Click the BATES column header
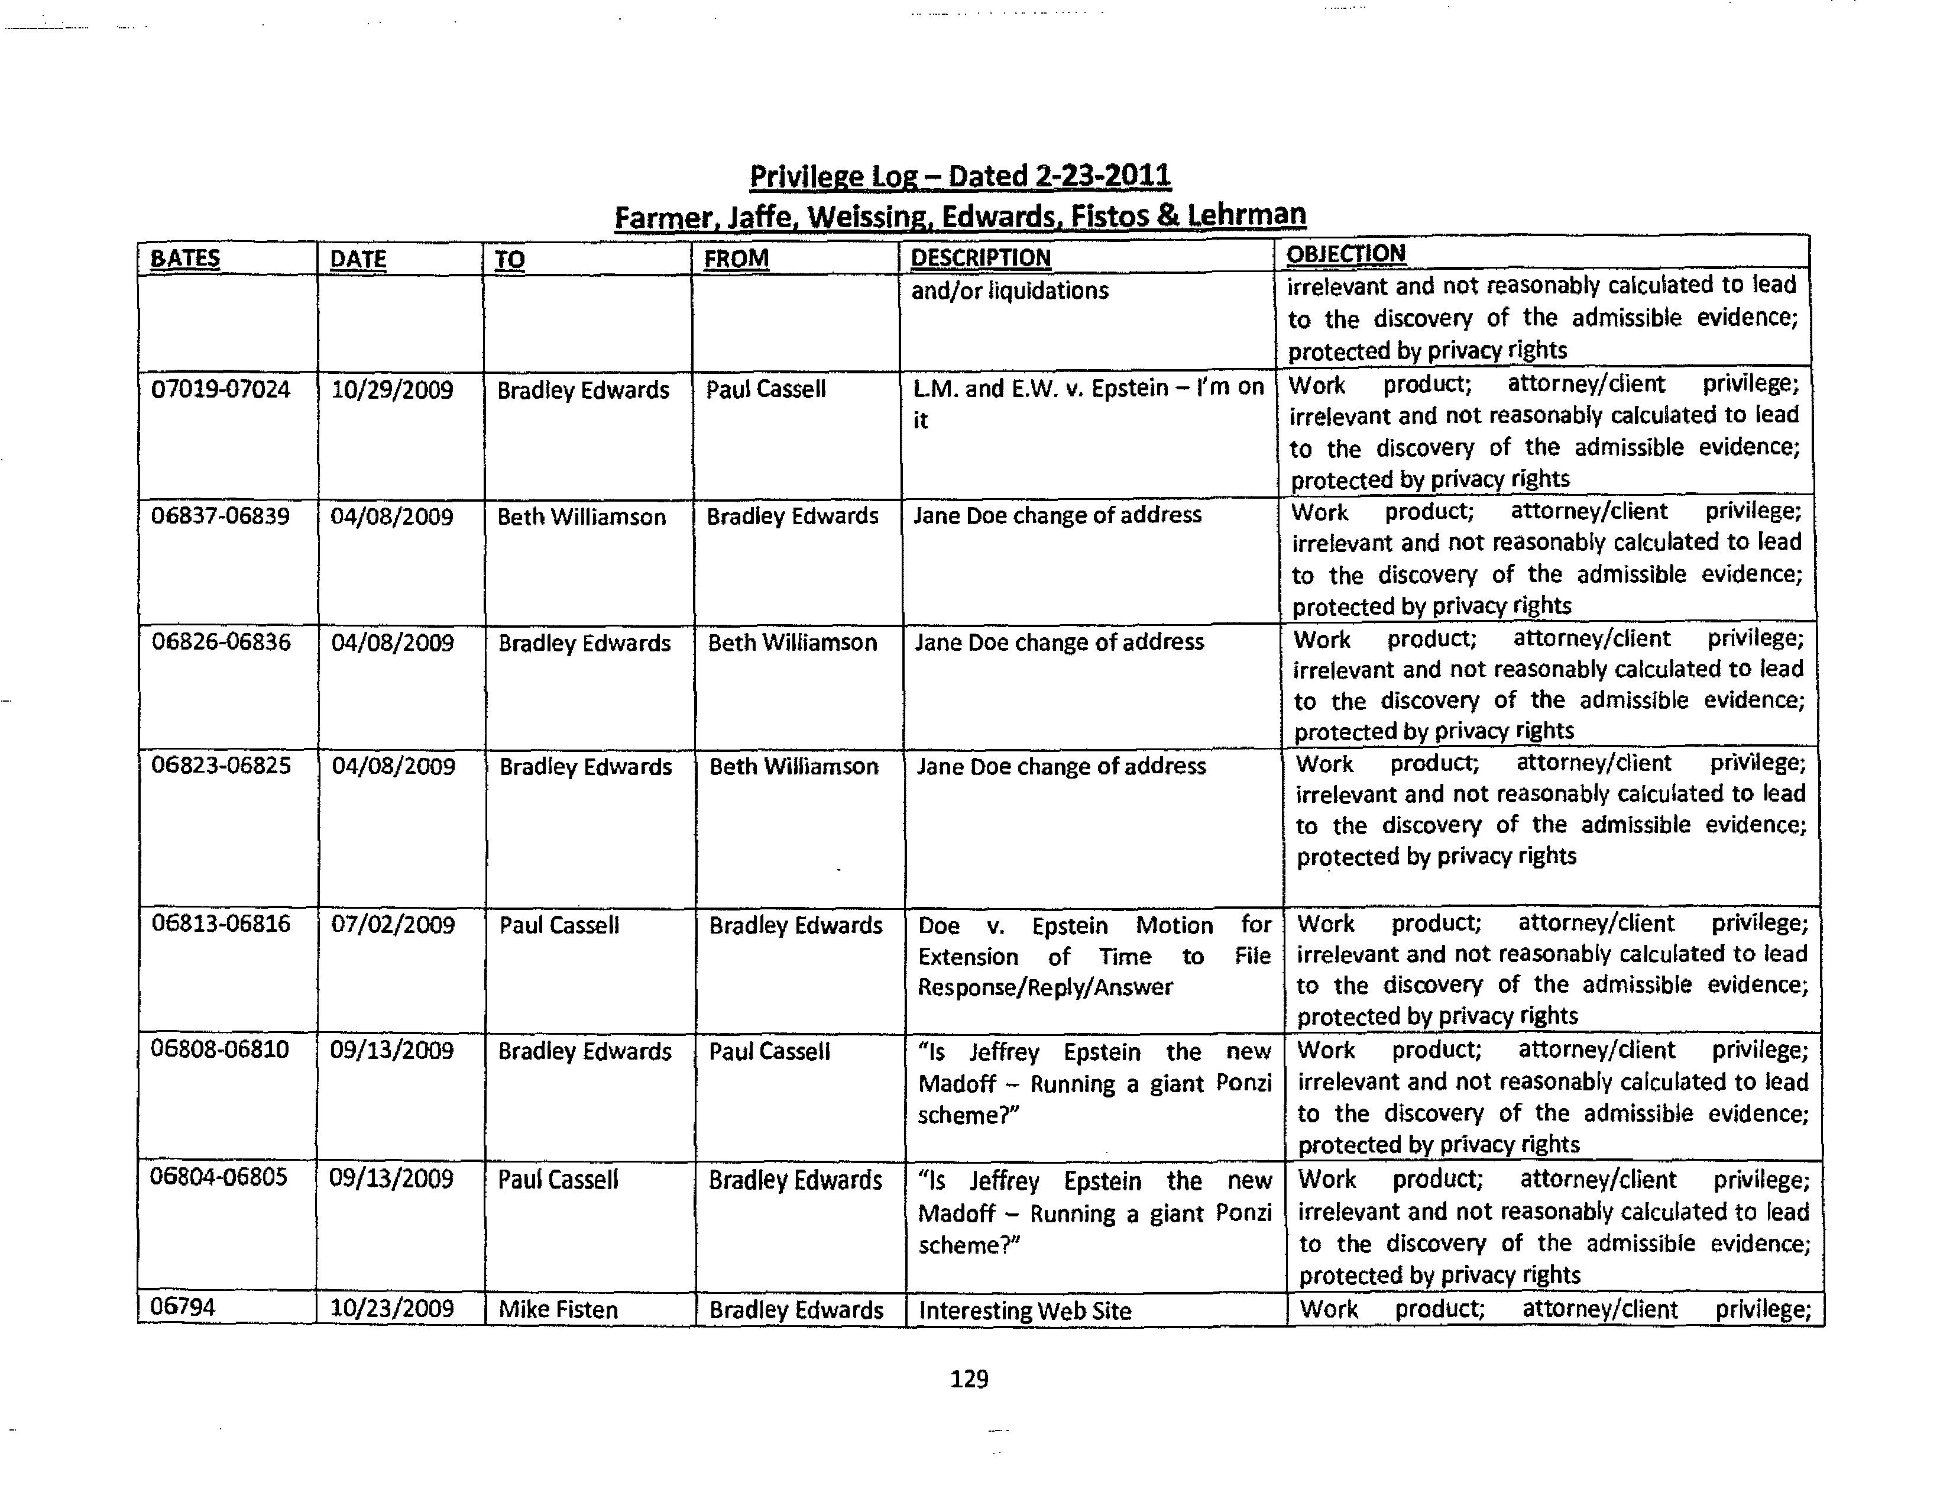click(185, 259)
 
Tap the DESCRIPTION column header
click(980, 257)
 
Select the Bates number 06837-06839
click(220, 516)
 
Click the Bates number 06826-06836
click(221, 643)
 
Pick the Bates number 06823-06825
click(221, 766)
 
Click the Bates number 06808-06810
click(220, 1050)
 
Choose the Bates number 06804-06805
click(219, 1177)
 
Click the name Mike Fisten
click(558, 1310)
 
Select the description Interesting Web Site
click(1025, 1310)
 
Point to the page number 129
click(969, 1378)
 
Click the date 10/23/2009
click(391, 1309)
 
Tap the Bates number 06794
click(183, 1307)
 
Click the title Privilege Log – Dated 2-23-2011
click(960, 176)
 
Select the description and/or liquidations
click(1009, 290)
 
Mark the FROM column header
click(736, 259)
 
